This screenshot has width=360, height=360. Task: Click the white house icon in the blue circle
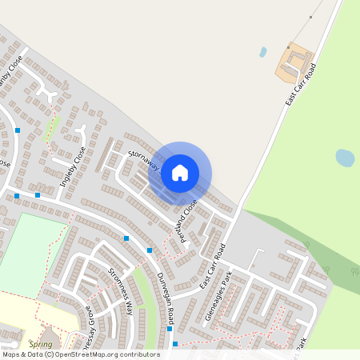[x=180, y=172]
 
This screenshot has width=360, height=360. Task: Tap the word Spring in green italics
[x=40, y=344]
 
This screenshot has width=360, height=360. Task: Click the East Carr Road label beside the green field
[x=302, y=85]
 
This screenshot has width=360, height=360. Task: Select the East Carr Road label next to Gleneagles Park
[x=213, y=267]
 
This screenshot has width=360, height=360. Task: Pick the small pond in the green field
[x=345, y=158]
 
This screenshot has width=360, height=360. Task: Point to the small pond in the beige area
[x=263, y=52]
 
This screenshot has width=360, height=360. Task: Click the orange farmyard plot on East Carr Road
[x=294, y=62]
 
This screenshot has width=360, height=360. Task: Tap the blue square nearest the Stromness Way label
[x=126, y=238]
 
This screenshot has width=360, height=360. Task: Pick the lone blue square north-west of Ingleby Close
[x=18, y=130]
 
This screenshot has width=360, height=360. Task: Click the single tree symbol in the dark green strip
[x=306, y=247]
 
